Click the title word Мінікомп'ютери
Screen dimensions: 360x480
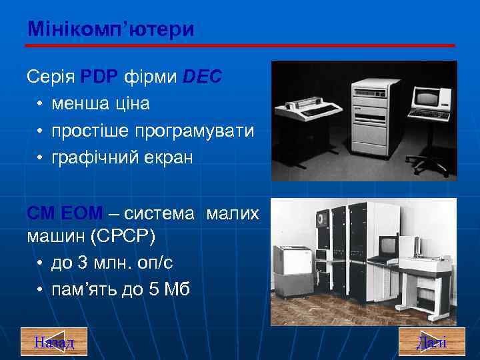[x=111, y=29]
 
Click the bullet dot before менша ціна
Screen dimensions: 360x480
[x=41, y=105]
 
